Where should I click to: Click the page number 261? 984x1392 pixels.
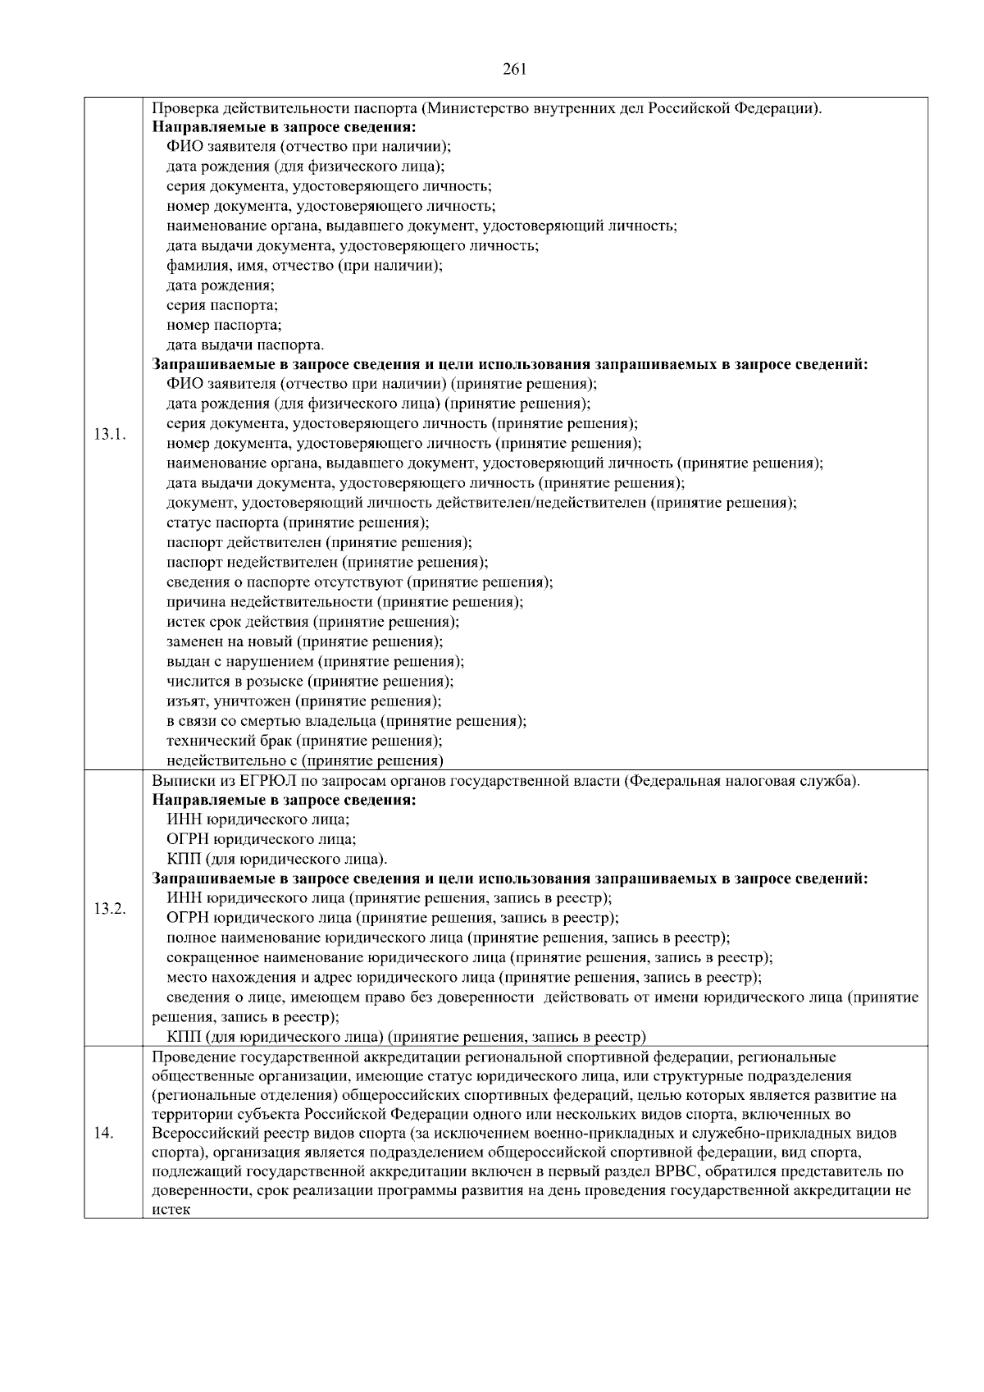pos(513,69)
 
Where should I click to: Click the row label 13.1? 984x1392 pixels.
pos(109,434)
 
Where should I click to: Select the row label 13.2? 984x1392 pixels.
pos(109,908)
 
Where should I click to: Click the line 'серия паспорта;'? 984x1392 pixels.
pos(222,305)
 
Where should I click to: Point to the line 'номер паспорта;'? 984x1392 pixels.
pos(224,325)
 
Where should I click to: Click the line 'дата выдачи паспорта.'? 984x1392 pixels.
pos(245,345)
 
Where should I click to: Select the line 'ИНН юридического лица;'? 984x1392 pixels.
pos(257,819)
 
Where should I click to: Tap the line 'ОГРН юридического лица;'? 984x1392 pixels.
pos(261,839)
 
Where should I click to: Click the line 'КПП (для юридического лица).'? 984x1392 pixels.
pos(276,859)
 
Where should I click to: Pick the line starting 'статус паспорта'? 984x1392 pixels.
pos(298,523)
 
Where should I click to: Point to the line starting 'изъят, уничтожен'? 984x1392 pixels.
pos(303,701)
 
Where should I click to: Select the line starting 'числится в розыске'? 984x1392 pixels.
pos(310,681)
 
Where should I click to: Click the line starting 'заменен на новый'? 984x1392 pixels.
pos(304,641)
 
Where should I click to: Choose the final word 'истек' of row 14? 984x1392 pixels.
pos(171,1210)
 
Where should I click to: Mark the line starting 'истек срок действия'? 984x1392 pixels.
pos(312,622)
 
